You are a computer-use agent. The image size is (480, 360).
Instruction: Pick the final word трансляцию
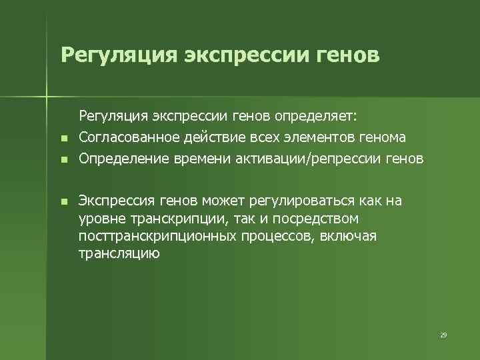click(119, 253)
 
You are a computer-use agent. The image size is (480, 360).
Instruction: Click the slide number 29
click(443, 335)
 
